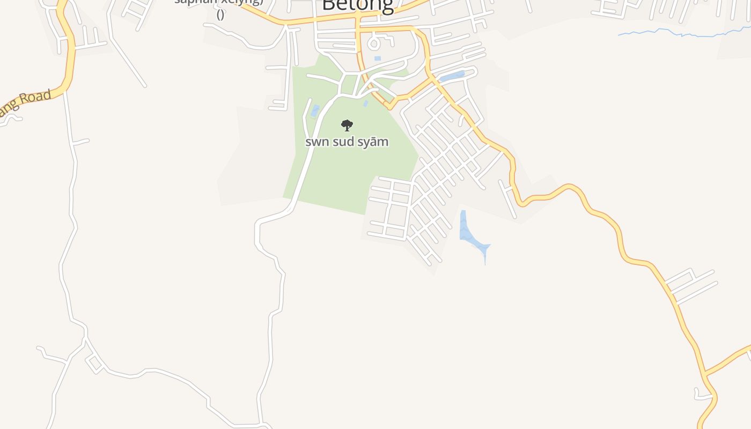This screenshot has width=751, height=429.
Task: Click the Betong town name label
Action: click(x=357, y=5)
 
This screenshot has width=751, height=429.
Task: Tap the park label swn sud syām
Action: click(x=347, y=142)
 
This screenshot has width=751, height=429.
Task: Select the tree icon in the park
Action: click(x=347, y=125)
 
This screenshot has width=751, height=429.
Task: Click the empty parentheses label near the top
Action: click(x=220, y=14)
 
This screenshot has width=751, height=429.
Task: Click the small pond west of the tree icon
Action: click(x=315, y=110)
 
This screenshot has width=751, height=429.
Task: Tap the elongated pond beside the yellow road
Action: click(x=452, y=77)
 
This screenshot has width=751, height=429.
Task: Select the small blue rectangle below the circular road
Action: click(x=378, y=58)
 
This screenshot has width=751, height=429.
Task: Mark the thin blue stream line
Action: click(x=681, y=33)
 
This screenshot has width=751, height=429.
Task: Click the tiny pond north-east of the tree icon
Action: click(x=365, y=103)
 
